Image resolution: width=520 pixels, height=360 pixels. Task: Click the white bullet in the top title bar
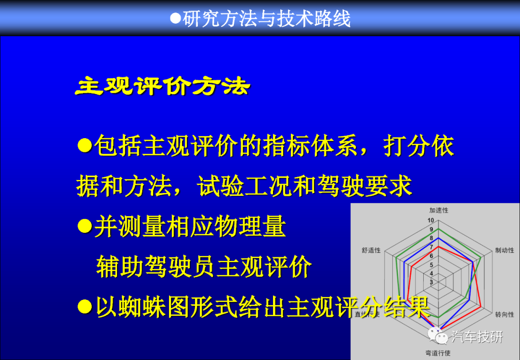click(175, 18)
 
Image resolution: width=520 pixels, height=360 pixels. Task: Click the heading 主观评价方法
click(163, 87)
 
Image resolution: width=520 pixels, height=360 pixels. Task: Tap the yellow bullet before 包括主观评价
click(85, 145)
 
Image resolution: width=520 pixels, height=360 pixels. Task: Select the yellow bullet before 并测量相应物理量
click(85, 226)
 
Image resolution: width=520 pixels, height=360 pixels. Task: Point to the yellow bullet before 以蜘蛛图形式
click(85, 307)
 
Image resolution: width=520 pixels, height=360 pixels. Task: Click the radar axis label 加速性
click(439, 210)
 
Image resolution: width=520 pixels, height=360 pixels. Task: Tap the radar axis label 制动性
click(505, 250)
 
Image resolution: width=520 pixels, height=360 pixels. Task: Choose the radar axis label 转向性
click(505, 314)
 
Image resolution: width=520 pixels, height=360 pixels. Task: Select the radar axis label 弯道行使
click(438, 353)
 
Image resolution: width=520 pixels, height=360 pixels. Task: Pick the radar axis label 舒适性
click(371, 250)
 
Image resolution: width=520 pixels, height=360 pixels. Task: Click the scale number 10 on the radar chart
click(430, 220)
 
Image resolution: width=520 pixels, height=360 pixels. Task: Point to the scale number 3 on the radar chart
click(431, 283)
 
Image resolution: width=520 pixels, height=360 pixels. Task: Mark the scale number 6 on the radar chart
click(431, 256)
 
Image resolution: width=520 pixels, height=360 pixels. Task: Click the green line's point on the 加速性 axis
click(439, 229)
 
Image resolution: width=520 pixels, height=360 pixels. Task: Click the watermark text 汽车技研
click(477, 337)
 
